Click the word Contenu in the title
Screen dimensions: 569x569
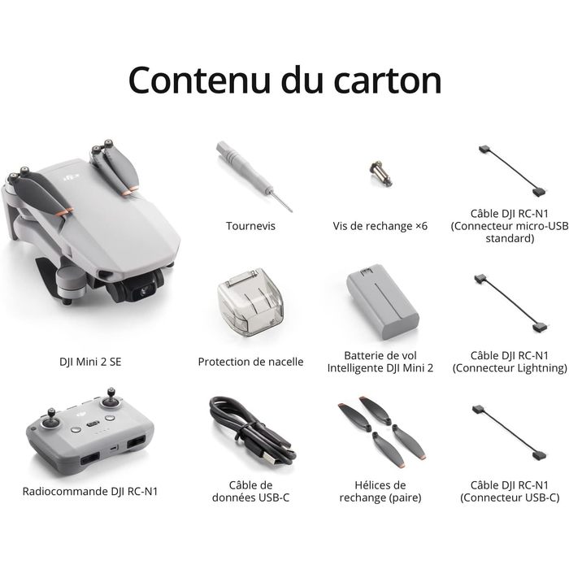pyautogui.click(x=199, y=80)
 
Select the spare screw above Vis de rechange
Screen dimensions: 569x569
pyautogui.click(x=380, y=173)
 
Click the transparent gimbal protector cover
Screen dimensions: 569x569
pyautogui.click(x=250, y=302)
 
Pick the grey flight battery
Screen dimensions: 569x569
pyautogui.click(x=382, y=302)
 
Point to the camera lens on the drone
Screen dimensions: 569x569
pyautogui.click(x=146, y=289)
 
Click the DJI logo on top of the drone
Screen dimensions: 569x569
pyautogui.click(x=72, y=177)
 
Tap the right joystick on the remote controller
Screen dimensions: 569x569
pyautogui.click(x=111, y=399)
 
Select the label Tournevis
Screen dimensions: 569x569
pyautogui.click(x=250, y=226)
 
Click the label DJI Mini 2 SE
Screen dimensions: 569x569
pyautogui.click(x=90, y=362)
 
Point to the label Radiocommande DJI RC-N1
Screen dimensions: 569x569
pyautogui.click(x=90, y=491)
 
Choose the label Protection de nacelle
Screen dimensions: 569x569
pyautogui.click(x=250, y=362)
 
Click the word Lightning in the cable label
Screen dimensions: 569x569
pyautogui.click(x=541, y=368)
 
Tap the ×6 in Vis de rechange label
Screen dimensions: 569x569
pyautogui.click(x=421, y=226)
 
